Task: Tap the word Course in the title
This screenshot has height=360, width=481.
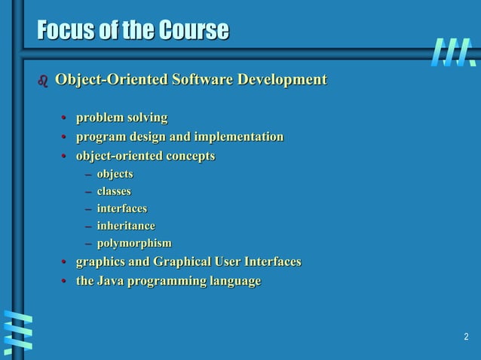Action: (x=192, y=31)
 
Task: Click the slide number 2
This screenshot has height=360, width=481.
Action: (x=466, y=337)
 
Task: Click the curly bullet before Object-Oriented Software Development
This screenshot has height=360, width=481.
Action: (x=42, y=81)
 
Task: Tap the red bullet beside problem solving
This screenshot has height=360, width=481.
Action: (x=65, y=118)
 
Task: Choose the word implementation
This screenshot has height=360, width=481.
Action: (x=239, y=137)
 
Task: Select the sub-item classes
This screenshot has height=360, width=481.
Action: (x=114, y=191)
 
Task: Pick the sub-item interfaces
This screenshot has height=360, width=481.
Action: (x=122, y=209)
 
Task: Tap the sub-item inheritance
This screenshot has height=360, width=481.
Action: (x=126, y=226)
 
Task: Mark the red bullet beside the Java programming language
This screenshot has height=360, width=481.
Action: (x=65, y=282)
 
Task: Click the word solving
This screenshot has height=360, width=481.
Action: (x=148, y=118)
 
